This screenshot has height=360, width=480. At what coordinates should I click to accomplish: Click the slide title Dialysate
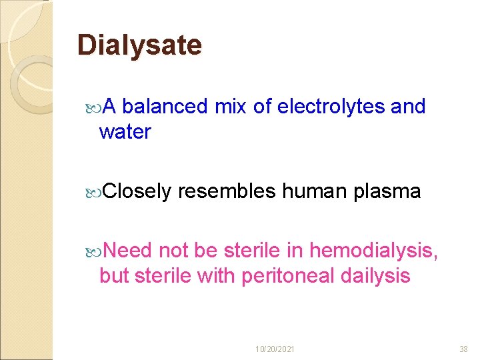[x=139, y=45]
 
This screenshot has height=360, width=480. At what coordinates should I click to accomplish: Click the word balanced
[x=165, y=106]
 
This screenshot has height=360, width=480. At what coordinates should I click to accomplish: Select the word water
[x=125, y=132]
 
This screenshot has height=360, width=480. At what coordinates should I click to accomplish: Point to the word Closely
[x=137, y=192]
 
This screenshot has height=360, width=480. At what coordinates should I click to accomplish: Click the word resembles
[x=227, y=192]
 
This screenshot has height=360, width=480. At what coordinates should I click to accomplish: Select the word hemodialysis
[x=373, y=250]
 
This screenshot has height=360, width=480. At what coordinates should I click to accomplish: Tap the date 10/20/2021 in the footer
[x=275, y=349]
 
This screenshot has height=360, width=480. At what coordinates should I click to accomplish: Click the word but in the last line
[x=114, y=275]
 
